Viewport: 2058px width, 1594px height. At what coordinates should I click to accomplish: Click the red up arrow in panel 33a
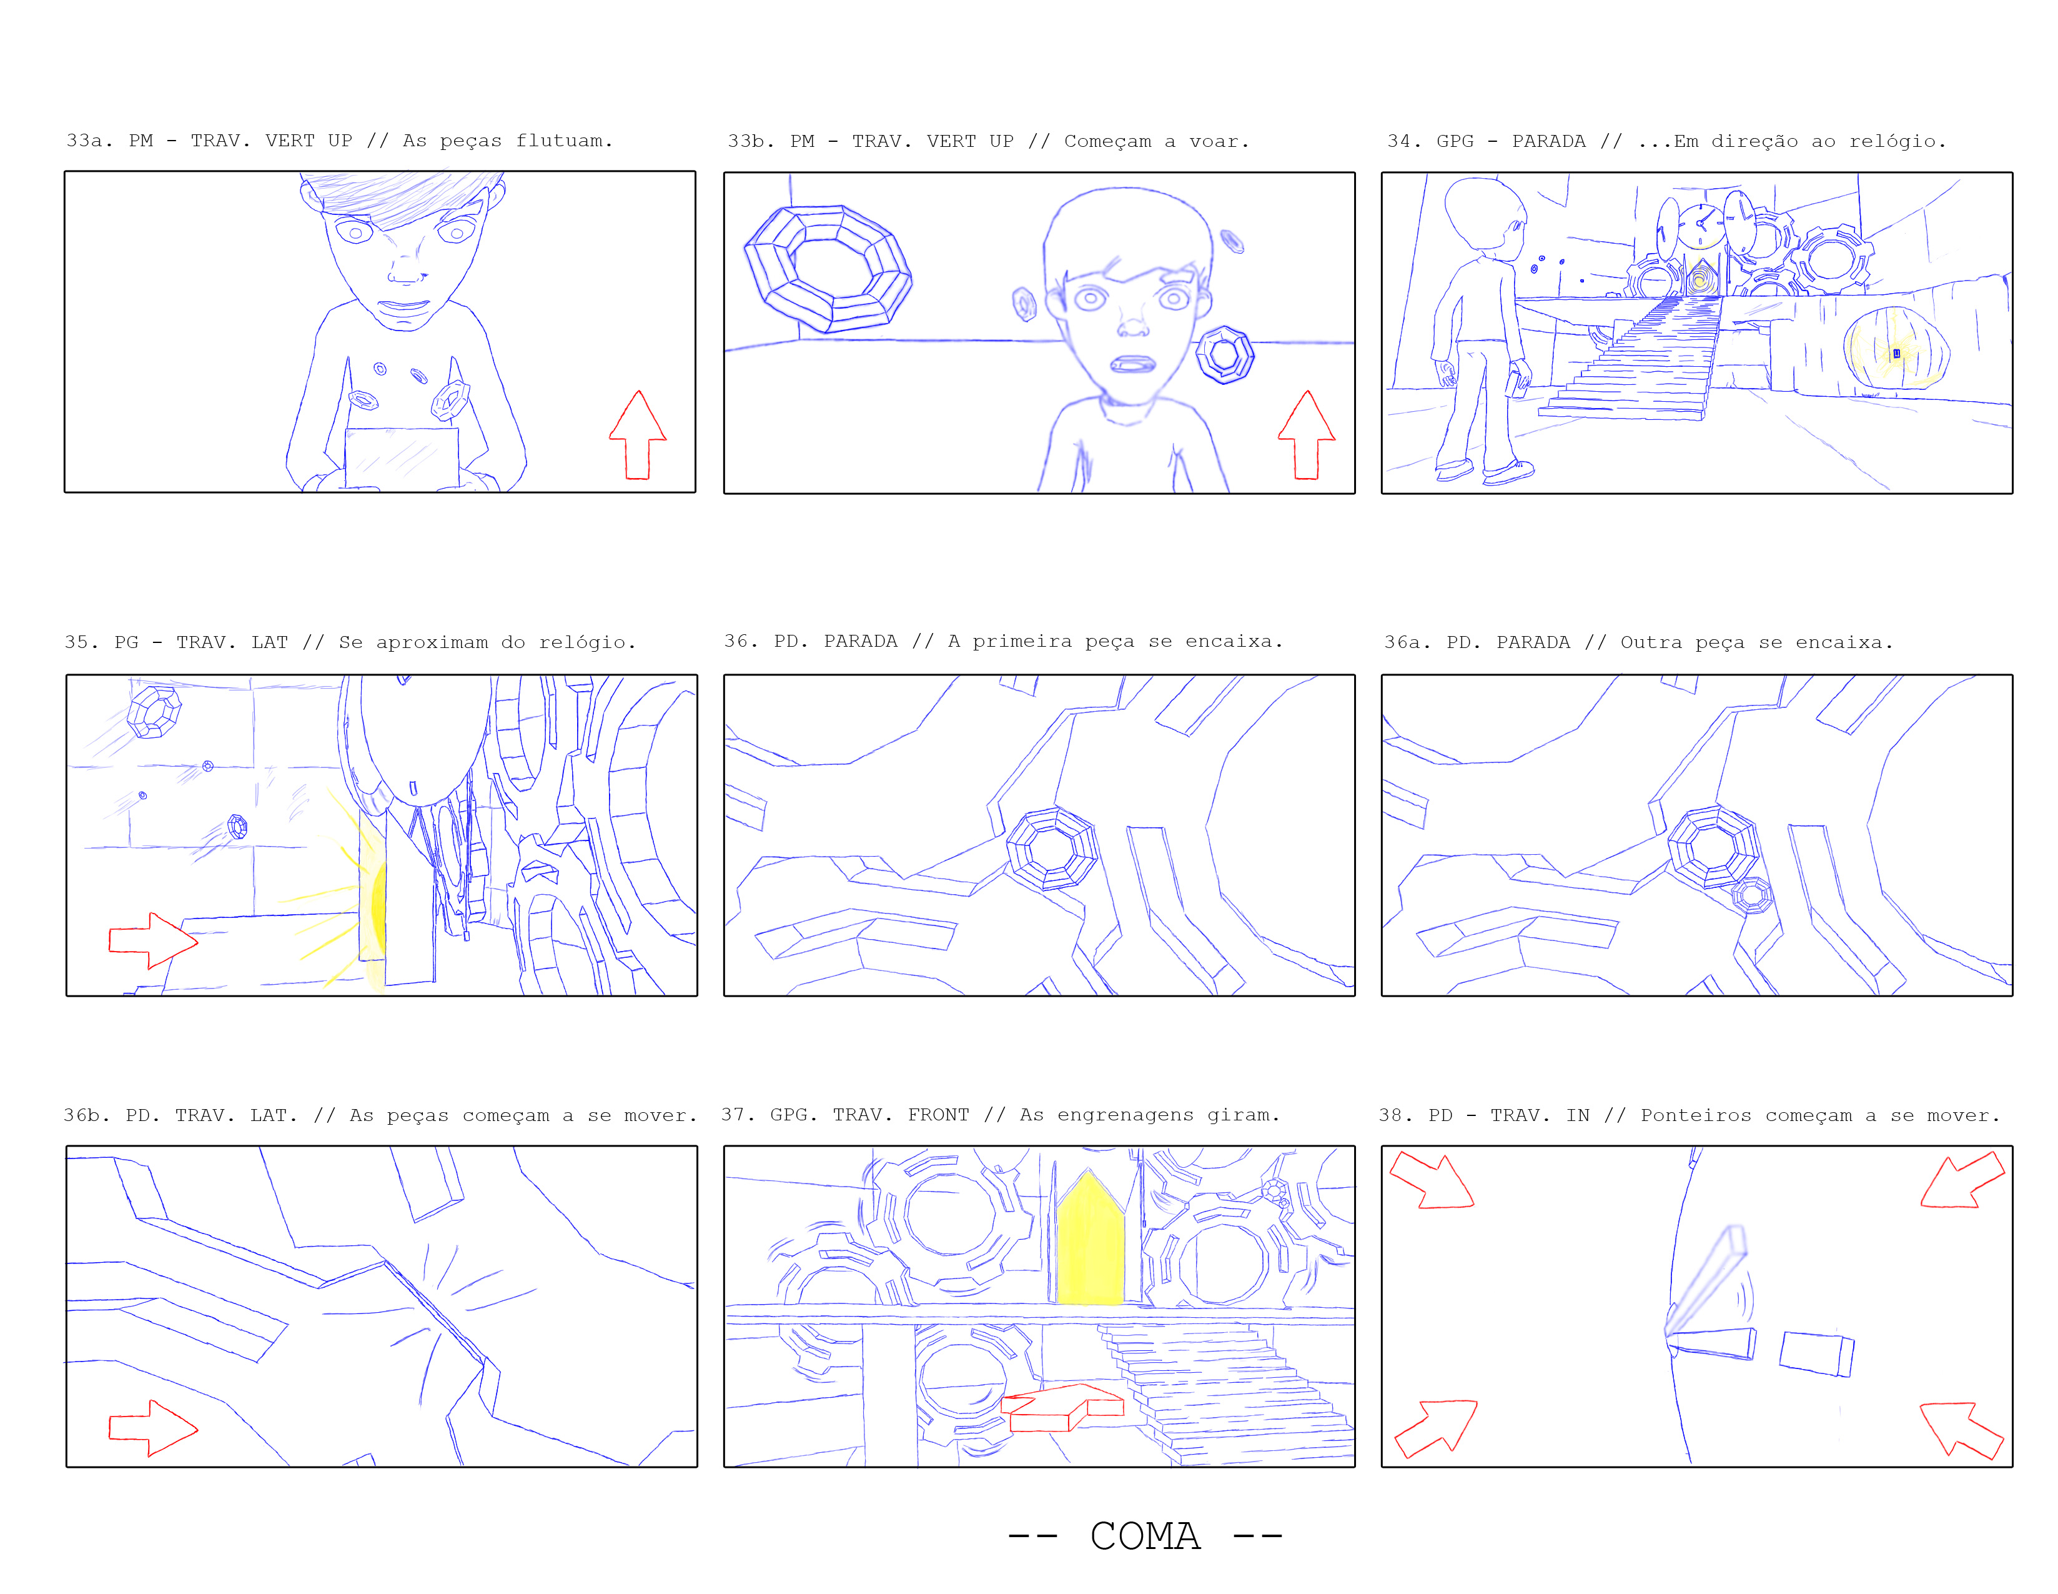click(638, 436)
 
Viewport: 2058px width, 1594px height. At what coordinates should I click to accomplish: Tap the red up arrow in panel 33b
click(1306, 436)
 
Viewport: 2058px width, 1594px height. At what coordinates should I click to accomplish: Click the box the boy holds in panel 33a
click(402, 458)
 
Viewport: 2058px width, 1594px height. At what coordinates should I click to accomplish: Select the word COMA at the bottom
click(1145, 1535)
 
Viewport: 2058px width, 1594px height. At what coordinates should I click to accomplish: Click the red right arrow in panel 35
click(152, 940)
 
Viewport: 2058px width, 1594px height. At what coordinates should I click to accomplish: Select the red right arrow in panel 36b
click(152, 1427)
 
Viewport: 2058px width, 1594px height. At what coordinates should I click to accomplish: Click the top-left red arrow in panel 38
click(1432, 1179)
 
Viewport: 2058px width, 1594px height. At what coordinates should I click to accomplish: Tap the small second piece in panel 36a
click(1752, 895)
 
